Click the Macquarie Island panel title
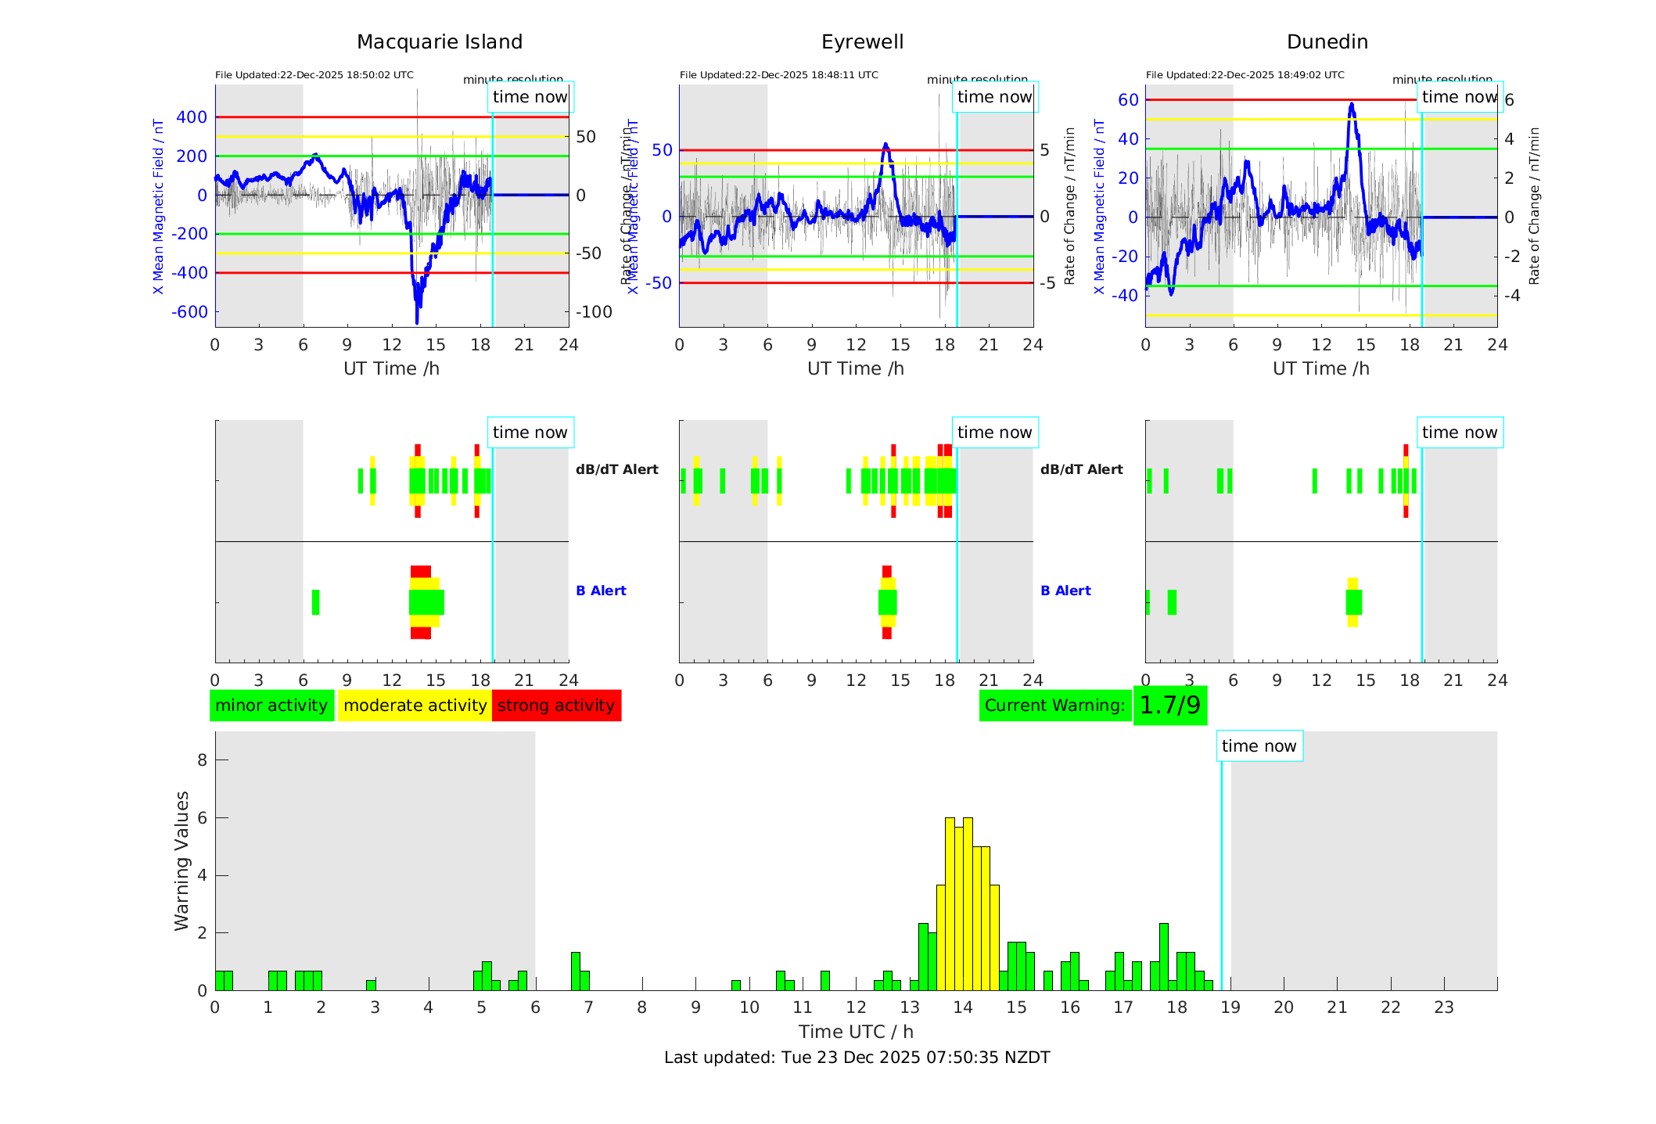click(x=439, y=42)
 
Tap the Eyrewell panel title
click(x=862, y=42)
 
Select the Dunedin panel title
click(x=1327, y=42)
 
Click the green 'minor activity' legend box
click(x=271, y=706)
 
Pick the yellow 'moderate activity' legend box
click(x=415, y=706)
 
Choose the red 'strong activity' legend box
click(x=556, y=706)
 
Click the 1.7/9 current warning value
click(x=1169, y=706)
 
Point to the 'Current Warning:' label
click(x=1054, y=706)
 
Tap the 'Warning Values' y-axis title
click(x=182, y=860)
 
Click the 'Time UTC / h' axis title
click(x=856, y=1032)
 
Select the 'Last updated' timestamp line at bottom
click(x=857, y=1058)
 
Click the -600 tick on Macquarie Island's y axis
click(x=190, y=312)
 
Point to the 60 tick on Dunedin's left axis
click(x=1128, y=100)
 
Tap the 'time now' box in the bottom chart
click(x=1259, y=746)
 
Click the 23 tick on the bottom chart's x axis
click(x=1443, y=1007)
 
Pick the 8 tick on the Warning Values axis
click(x=203, y=760)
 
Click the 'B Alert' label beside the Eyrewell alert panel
click(x=1065, y=591)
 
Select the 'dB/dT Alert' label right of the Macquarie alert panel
click(x=616, y=469)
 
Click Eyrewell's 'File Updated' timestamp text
click(x=778, y=75)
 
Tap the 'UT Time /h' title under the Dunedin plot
click(x=1320, y=368)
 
